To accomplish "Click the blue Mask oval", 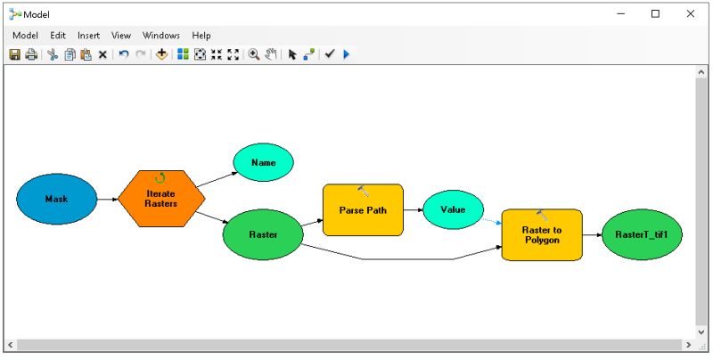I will pyautogui.click(x=56, y=199).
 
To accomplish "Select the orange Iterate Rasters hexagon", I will pyautogui.click(x=161, y=198).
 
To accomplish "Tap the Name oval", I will pyautogui.click(x=263, y=163).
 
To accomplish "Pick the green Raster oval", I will pyautogui.click(x=263, y=234).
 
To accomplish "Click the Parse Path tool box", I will pyautogui.click(x=363, y=210).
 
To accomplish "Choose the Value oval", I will pyautogui.click(x=453, y=210).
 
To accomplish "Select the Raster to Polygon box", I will pyautogui.click(x=541, y=235).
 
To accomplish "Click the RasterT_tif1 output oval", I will pyautogui.click(x=635, y=235).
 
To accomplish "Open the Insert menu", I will pyautogui.click(x=88, y=36).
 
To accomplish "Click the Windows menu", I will pyautogui.click(x=160, y=36).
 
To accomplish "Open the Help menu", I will pyautogui.click(x=201, y=36).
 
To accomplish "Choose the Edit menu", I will pyautogui.click(x=58, y=36).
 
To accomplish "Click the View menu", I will pyautogui.click(x=121, y=36).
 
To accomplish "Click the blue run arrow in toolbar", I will pyautogui.click(x=346, y=54).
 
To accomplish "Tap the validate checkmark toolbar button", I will pyautogui.click(x=329, y=54).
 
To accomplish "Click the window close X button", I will pyautogui.click(x=690, y=13).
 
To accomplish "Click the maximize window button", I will pyautogui.click(x=655, y=13).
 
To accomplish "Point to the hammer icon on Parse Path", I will pyautogui.click(x=363, y=191).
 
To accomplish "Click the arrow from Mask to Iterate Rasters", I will pyautogui.click(x=107, y=199).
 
